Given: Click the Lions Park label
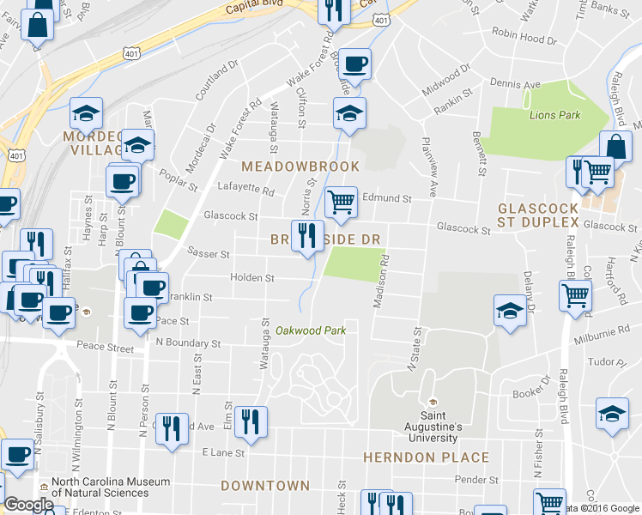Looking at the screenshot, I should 554,115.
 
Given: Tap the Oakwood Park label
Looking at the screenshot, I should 310,330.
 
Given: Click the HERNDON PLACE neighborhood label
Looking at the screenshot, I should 426,457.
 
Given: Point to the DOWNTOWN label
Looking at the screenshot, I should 265,486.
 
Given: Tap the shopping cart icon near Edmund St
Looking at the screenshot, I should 342,203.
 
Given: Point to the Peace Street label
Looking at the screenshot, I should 103,349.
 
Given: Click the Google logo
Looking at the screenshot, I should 28,505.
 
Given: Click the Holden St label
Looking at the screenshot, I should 251,278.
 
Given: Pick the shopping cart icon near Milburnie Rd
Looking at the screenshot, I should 575,296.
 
